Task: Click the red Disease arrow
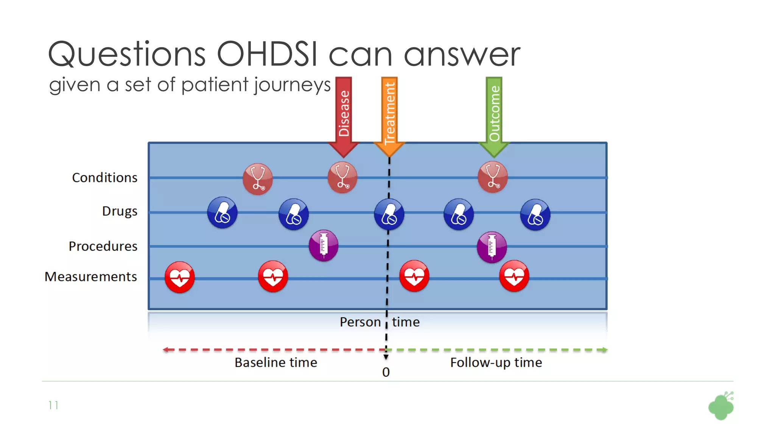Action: tap(344, 114)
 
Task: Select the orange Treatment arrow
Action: tap(389, 114)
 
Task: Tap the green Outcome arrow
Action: tap(494, 114)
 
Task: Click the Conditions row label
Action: tap(105, 178)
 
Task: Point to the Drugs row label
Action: tap(120, 211)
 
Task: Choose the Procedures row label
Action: tap(103, 246)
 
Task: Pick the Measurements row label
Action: tap(91, 277)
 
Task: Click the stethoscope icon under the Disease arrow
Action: tap(342, 178)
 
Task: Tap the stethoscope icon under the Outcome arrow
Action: tap(493, 177)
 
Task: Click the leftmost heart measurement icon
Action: tap(180, 277)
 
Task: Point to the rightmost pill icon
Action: tap(535, 215)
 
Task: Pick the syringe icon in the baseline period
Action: tap(324, 245)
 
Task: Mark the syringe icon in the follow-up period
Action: tap(492, 247)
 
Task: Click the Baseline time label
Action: tap(276, 363)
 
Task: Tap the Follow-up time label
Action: tap(496, 363)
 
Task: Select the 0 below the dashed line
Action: tap(386, 372)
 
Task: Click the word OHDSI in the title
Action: tap(267, 54)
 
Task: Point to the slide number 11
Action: tap(53, 405)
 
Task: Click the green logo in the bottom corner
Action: tap(721, 406)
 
